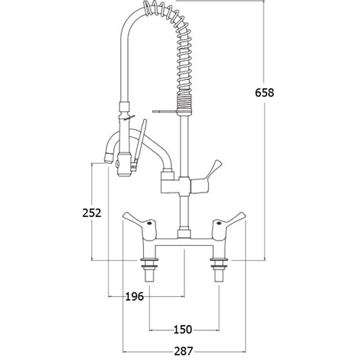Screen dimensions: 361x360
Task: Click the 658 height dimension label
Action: (x=264, y=92)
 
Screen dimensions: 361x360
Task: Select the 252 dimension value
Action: (x=91, y=212)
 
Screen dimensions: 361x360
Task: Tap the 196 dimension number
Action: (x=135, y=296)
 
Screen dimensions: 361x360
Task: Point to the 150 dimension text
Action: (x=183, y=330)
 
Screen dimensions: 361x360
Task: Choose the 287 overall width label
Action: (x=184, y=351)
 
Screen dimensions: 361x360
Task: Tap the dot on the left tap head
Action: (x=149, y=224)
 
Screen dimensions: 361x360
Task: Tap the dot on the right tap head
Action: (x=219, y=224)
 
